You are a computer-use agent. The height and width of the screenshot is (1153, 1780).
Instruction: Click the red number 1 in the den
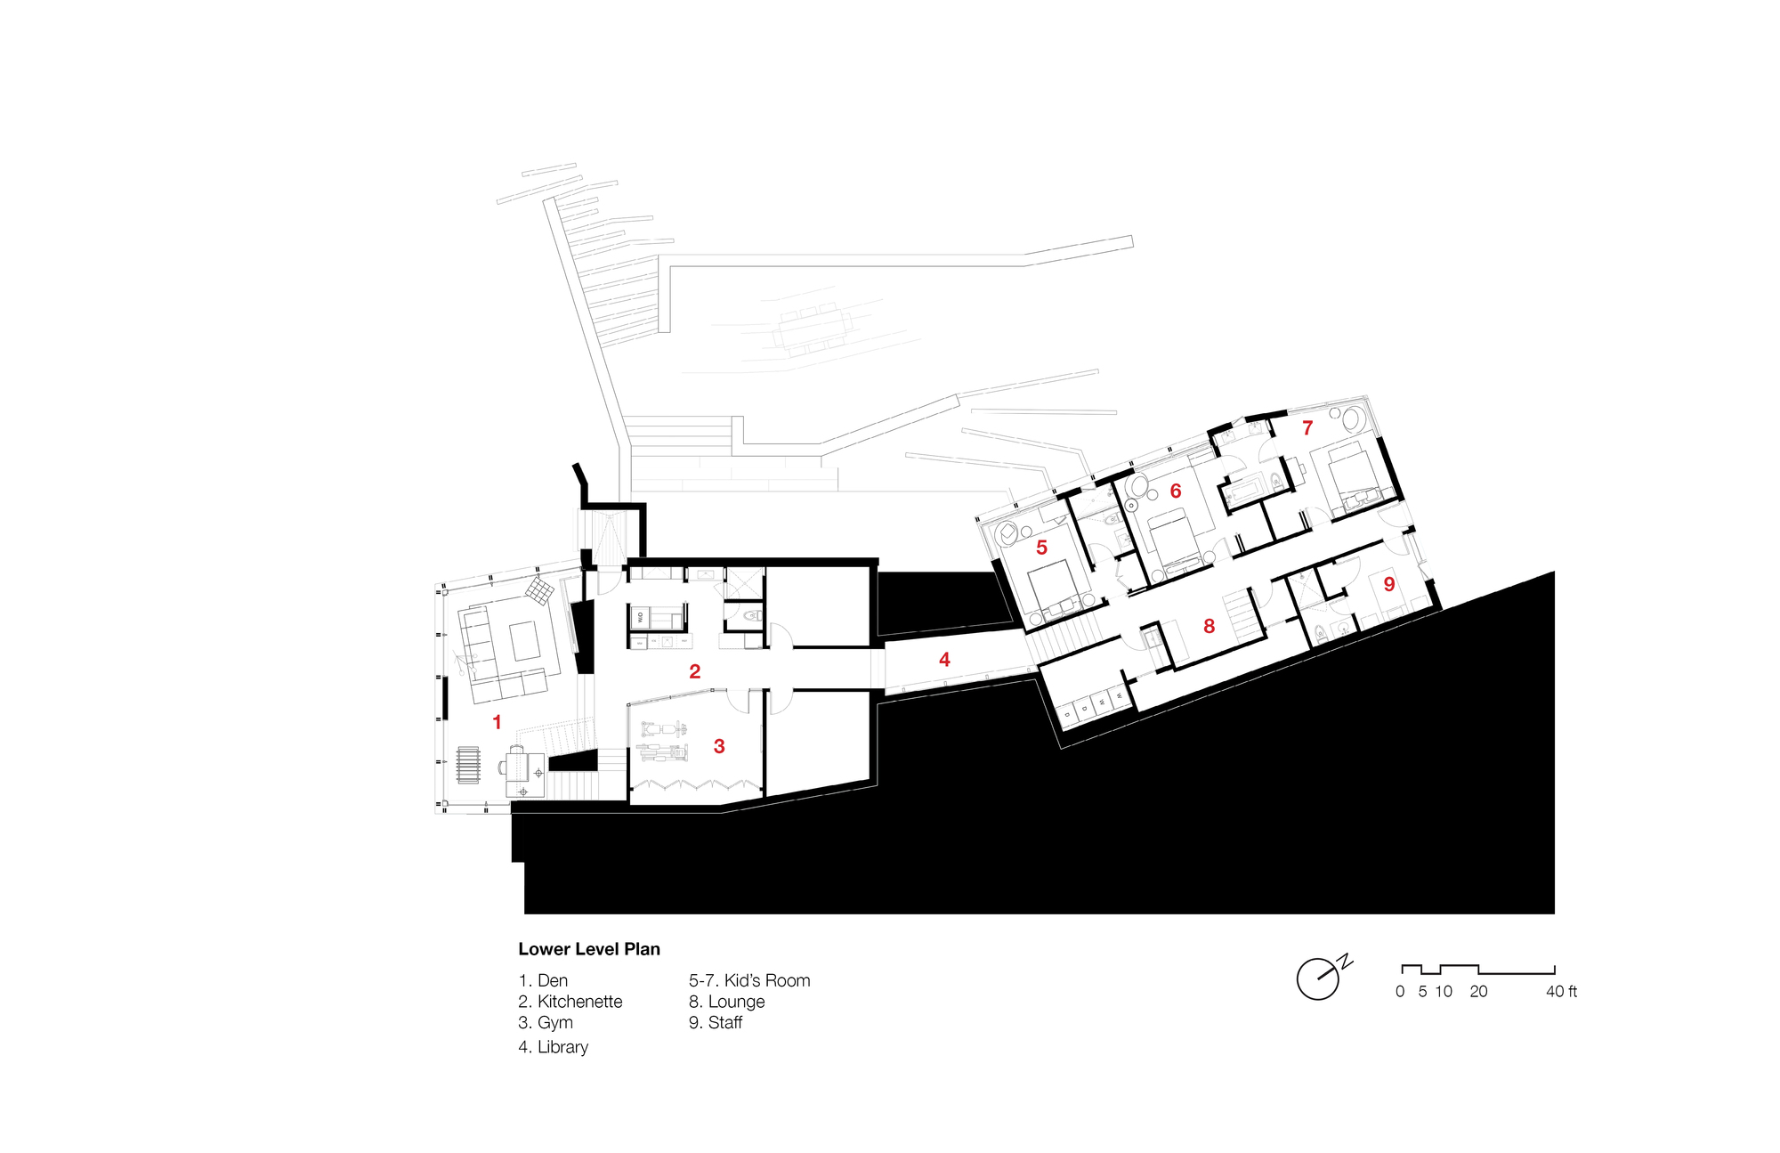point(497,722)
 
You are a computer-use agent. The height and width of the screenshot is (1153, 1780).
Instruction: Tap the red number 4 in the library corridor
point(944,660)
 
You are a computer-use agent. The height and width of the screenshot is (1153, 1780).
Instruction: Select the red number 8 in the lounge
point(1209,627)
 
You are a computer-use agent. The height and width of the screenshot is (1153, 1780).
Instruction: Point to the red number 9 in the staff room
point(1388,585)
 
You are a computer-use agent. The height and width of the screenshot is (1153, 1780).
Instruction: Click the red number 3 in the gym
point(719,747)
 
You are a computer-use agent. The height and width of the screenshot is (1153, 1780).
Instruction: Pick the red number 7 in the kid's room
point(1307,428)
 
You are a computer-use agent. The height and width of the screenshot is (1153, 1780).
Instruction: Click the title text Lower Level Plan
point(589,949)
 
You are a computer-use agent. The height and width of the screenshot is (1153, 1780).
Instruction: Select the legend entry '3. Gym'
point(546,1022)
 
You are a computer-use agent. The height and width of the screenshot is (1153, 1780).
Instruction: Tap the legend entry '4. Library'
point(553,1047)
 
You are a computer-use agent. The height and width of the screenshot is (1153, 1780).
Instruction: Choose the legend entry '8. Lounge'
point(726,1002)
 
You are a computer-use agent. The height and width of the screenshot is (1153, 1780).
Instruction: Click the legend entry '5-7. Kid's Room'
point(748,980)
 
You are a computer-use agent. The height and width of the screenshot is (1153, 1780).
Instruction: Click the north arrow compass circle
point(1317,979)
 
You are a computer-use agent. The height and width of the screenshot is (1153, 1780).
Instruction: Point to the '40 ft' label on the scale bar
point(1561,991)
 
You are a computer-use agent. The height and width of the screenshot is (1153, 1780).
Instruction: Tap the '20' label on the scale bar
point(1478,991)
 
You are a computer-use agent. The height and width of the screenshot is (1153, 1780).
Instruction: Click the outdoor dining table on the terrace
point(812,329)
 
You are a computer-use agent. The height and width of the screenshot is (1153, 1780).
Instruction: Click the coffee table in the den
point(525,641)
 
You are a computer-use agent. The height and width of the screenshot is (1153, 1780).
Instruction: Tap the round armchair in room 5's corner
point(1008,533)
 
